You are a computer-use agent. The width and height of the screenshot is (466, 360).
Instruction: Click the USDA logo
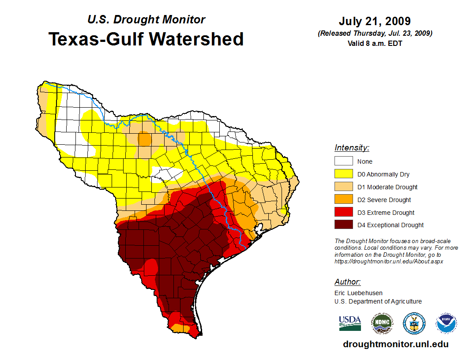[x=350, y=323]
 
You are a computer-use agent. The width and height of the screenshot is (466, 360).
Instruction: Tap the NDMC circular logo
[x=382, y=323]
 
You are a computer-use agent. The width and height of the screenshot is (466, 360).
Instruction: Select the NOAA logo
[x=446, y=323]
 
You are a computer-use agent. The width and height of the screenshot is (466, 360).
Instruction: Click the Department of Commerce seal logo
[x=414, y=323]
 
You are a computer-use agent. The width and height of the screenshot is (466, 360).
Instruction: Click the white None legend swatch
[x=343, y=161]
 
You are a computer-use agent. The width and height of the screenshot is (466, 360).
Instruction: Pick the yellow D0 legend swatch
[x=343, y=174]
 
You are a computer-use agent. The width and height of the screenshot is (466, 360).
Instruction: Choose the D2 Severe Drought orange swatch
[x=343, y=200]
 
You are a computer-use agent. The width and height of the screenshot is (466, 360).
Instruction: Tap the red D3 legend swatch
[x=343, y=213]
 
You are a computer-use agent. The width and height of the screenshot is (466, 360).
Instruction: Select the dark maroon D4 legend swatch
[x=343, y=225]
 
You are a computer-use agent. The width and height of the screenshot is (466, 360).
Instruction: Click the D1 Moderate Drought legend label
[x=387, y=187]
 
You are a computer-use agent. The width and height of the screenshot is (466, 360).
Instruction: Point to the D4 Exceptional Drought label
[x=391, y=225]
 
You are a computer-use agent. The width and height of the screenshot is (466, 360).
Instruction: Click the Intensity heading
[x=352, y=148]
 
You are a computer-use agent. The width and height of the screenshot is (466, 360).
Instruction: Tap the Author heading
[x=348, y=282]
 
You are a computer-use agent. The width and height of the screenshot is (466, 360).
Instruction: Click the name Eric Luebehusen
[x=358, y=292]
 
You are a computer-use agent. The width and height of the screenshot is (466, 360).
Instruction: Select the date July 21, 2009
[x=375, y=21]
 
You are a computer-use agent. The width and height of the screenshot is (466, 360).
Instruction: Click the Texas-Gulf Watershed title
[x=146, y=39]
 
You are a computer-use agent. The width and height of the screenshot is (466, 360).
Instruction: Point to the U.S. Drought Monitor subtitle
[x=146, y=19]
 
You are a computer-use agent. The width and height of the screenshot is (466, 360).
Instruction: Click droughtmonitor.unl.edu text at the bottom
[x=395, y=344]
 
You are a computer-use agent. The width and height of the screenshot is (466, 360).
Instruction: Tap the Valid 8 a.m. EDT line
[x=375, y=43]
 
